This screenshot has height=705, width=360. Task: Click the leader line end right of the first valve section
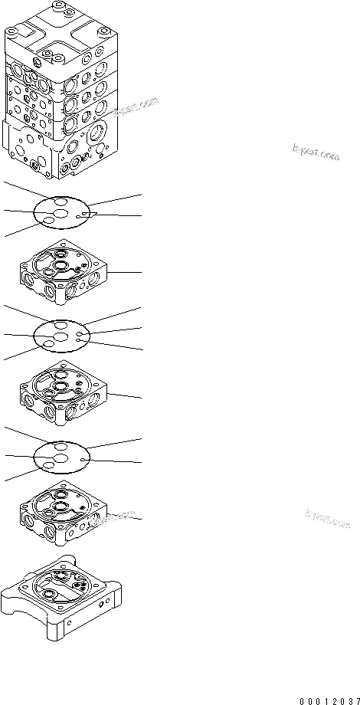[141, 272]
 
